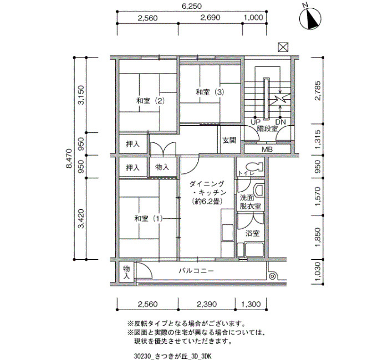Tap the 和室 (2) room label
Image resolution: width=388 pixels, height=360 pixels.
coord(150,101)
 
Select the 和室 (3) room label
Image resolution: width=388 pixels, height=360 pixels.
coord(210,92)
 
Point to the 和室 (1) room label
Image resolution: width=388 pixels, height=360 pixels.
coord(149,218)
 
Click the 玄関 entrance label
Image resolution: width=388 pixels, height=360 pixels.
coord(229,140)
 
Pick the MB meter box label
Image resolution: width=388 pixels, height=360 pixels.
coord(267,150)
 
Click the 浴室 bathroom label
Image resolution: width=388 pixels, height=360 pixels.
coord(252,233)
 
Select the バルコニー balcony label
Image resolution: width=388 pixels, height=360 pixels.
coord(196,271)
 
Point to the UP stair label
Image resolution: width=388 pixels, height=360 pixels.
coord(256,122)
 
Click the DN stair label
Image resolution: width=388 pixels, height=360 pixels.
coord(280,122)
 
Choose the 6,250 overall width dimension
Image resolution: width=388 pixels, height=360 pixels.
coord(192,6)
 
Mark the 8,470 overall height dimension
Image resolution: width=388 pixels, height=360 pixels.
coord(69,158)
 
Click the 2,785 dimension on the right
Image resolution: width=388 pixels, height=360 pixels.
coord(318,90)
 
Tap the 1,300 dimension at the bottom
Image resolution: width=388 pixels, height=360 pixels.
coord(251,304)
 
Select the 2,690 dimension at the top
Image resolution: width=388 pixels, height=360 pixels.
coord(210,18)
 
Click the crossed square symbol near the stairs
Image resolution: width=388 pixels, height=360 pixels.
coord(283,47)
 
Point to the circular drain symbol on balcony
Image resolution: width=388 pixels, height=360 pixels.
coord(272,276)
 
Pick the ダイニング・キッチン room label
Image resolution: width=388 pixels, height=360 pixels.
coord(208,192)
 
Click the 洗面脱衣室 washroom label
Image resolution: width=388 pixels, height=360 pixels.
coord(250,202)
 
